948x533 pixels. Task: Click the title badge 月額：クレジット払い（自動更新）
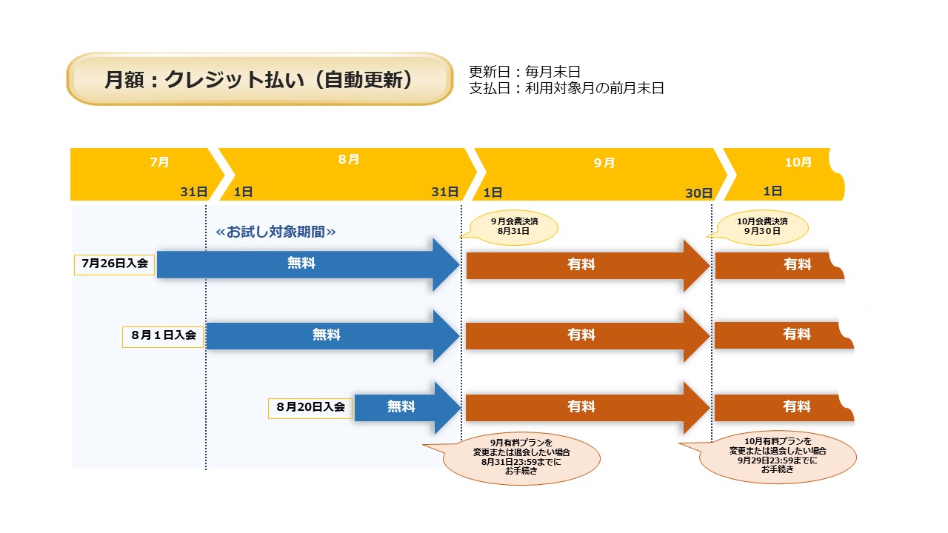click(259, 79)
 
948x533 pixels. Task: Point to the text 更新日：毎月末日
click(524, 72)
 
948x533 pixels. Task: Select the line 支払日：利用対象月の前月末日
click(567, 89)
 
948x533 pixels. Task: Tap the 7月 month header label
click(159, 162)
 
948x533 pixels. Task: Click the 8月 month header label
click(348, 160)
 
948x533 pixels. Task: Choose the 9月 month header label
click(604, 163)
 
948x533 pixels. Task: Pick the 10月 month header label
click(798, 162)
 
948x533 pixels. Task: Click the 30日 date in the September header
click(698, 193)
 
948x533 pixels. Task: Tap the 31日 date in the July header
click(194, 192)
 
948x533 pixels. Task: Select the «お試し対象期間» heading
click(276, 232)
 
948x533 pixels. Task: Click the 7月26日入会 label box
click(115, 264)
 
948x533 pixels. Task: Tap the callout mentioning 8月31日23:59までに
click(522, 456)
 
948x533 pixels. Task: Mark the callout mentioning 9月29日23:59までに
click(778, 455)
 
